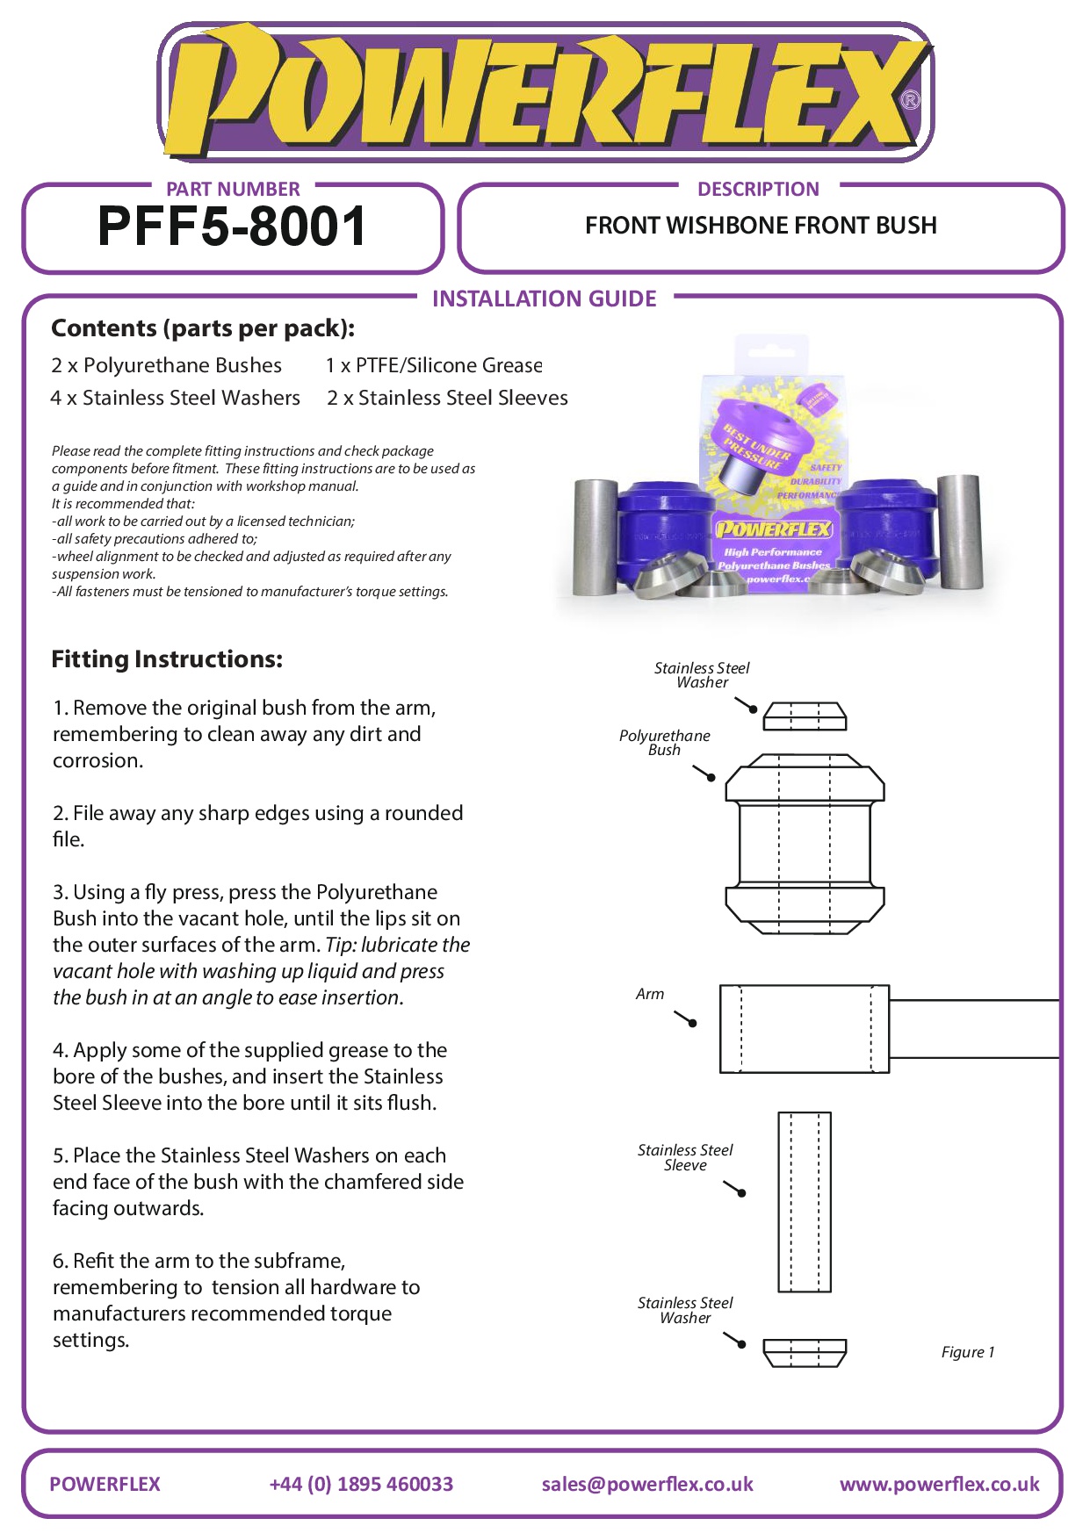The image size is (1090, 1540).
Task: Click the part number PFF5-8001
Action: [232, 227]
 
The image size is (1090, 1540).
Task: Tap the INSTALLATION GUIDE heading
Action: [544, 299]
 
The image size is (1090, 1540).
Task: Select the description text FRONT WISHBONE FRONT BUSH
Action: [761, 226]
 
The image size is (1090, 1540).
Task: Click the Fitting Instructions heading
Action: [167, 659]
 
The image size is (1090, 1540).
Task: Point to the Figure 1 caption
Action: [967, 1352]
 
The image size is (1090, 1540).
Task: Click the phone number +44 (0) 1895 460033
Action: [361, 1484]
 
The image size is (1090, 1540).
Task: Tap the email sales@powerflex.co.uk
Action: [647, 1484]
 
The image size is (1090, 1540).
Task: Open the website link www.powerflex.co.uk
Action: [939, 1484]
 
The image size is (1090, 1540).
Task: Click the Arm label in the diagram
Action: [650, 994]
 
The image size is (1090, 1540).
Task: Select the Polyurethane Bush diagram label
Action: [665, 743]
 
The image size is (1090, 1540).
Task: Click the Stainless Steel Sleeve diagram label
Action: [685, 1157]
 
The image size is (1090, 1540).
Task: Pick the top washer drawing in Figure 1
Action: [805, 716]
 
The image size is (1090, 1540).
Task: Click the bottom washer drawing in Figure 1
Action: [805, 1352]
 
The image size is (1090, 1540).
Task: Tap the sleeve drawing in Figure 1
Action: [805, 1202]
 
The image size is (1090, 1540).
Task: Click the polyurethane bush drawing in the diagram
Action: [805, 844]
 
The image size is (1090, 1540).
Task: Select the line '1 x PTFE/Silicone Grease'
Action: [434, 365]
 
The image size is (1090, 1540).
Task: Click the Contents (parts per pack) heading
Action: [203, 328]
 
